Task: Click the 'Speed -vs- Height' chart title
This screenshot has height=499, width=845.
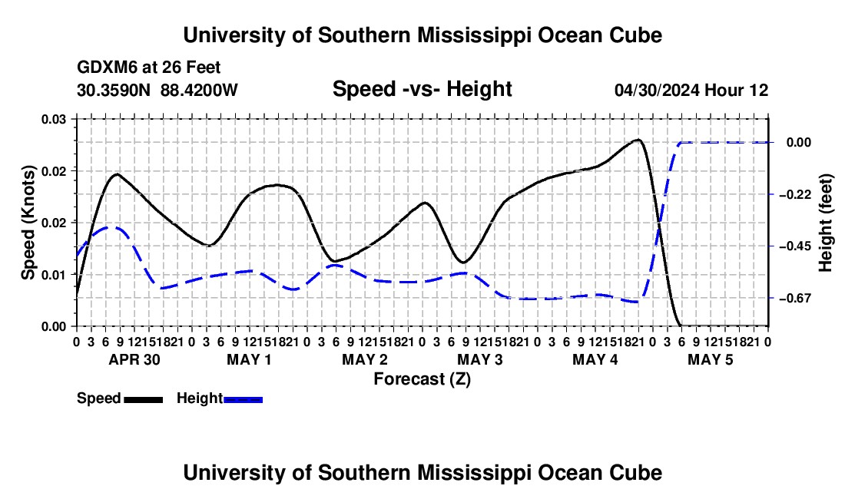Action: tap(422, 89)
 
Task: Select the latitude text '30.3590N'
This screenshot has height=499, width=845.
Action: tap(114, 90)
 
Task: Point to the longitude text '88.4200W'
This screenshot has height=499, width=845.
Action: tap(199, 90)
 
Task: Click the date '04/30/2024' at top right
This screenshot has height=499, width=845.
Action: tap(657, 90)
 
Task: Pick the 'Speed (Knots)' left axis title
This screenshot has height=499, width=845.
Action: tap(28, 223)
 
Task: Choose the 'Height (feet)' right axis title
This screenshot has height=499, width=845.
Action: tap(825, 223)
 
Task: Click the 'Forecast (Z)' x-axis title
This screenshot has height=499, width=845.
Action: tap(422, 379)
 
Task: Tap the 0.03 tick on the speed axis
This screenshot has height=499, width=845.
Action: tap(54, 119)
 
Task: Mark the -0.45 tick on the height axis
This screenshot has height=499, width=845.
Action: tap(795, 246)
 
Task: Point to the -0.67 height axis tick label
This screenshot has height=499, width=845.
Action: tap(795, 298)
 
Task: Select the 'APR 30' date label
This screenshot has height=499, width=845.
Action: tap(134, 359)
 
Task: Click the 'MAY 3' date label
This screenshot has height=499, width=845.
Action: tap(479, 359)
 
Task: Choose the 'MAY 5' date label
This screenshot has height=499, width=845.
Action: tap(711, 359)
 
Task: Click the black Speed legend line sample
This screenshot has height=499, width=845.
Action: tap(144, 399)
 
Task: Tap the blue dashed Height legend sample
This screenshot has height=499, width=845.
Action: tap(243, 399)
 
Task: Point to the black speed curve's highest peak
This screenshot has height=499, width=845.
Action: tap(638, 140)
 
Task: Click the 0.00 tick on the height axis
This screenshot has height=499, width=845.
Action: tap(799, 143)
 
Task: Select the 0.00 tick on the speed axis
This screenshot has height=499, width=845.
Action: tap(54, 326)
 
